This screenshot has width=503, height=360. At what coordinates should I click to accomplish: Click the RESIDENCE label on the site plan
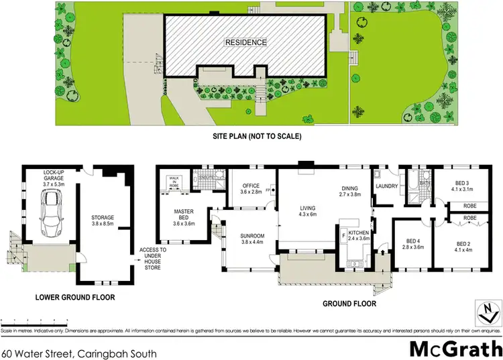click(x=246, y=42)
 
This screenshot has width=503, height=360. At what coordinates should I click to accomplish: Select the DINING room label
click(x=349, y=192)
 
